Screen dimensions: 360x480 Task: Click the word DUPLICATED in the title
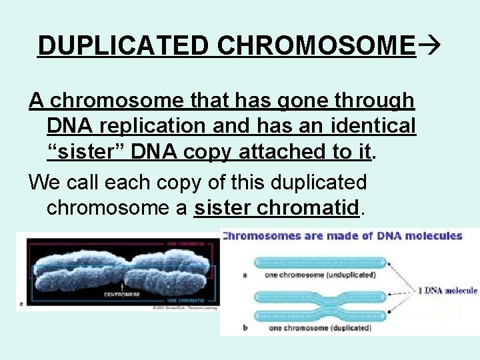point(125,45)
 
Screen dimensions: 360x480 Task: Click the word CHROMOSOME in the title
point(317,45)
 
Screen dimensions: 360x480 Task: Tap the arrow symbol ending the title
point(429,45)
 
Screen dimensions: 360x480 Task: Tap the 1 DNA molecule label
point(447,290)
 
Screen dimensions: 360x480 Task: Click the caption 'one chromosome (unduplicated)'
point(320,275)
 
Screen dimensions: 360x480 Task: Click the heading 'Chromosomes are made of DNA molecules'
point(342,235)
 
